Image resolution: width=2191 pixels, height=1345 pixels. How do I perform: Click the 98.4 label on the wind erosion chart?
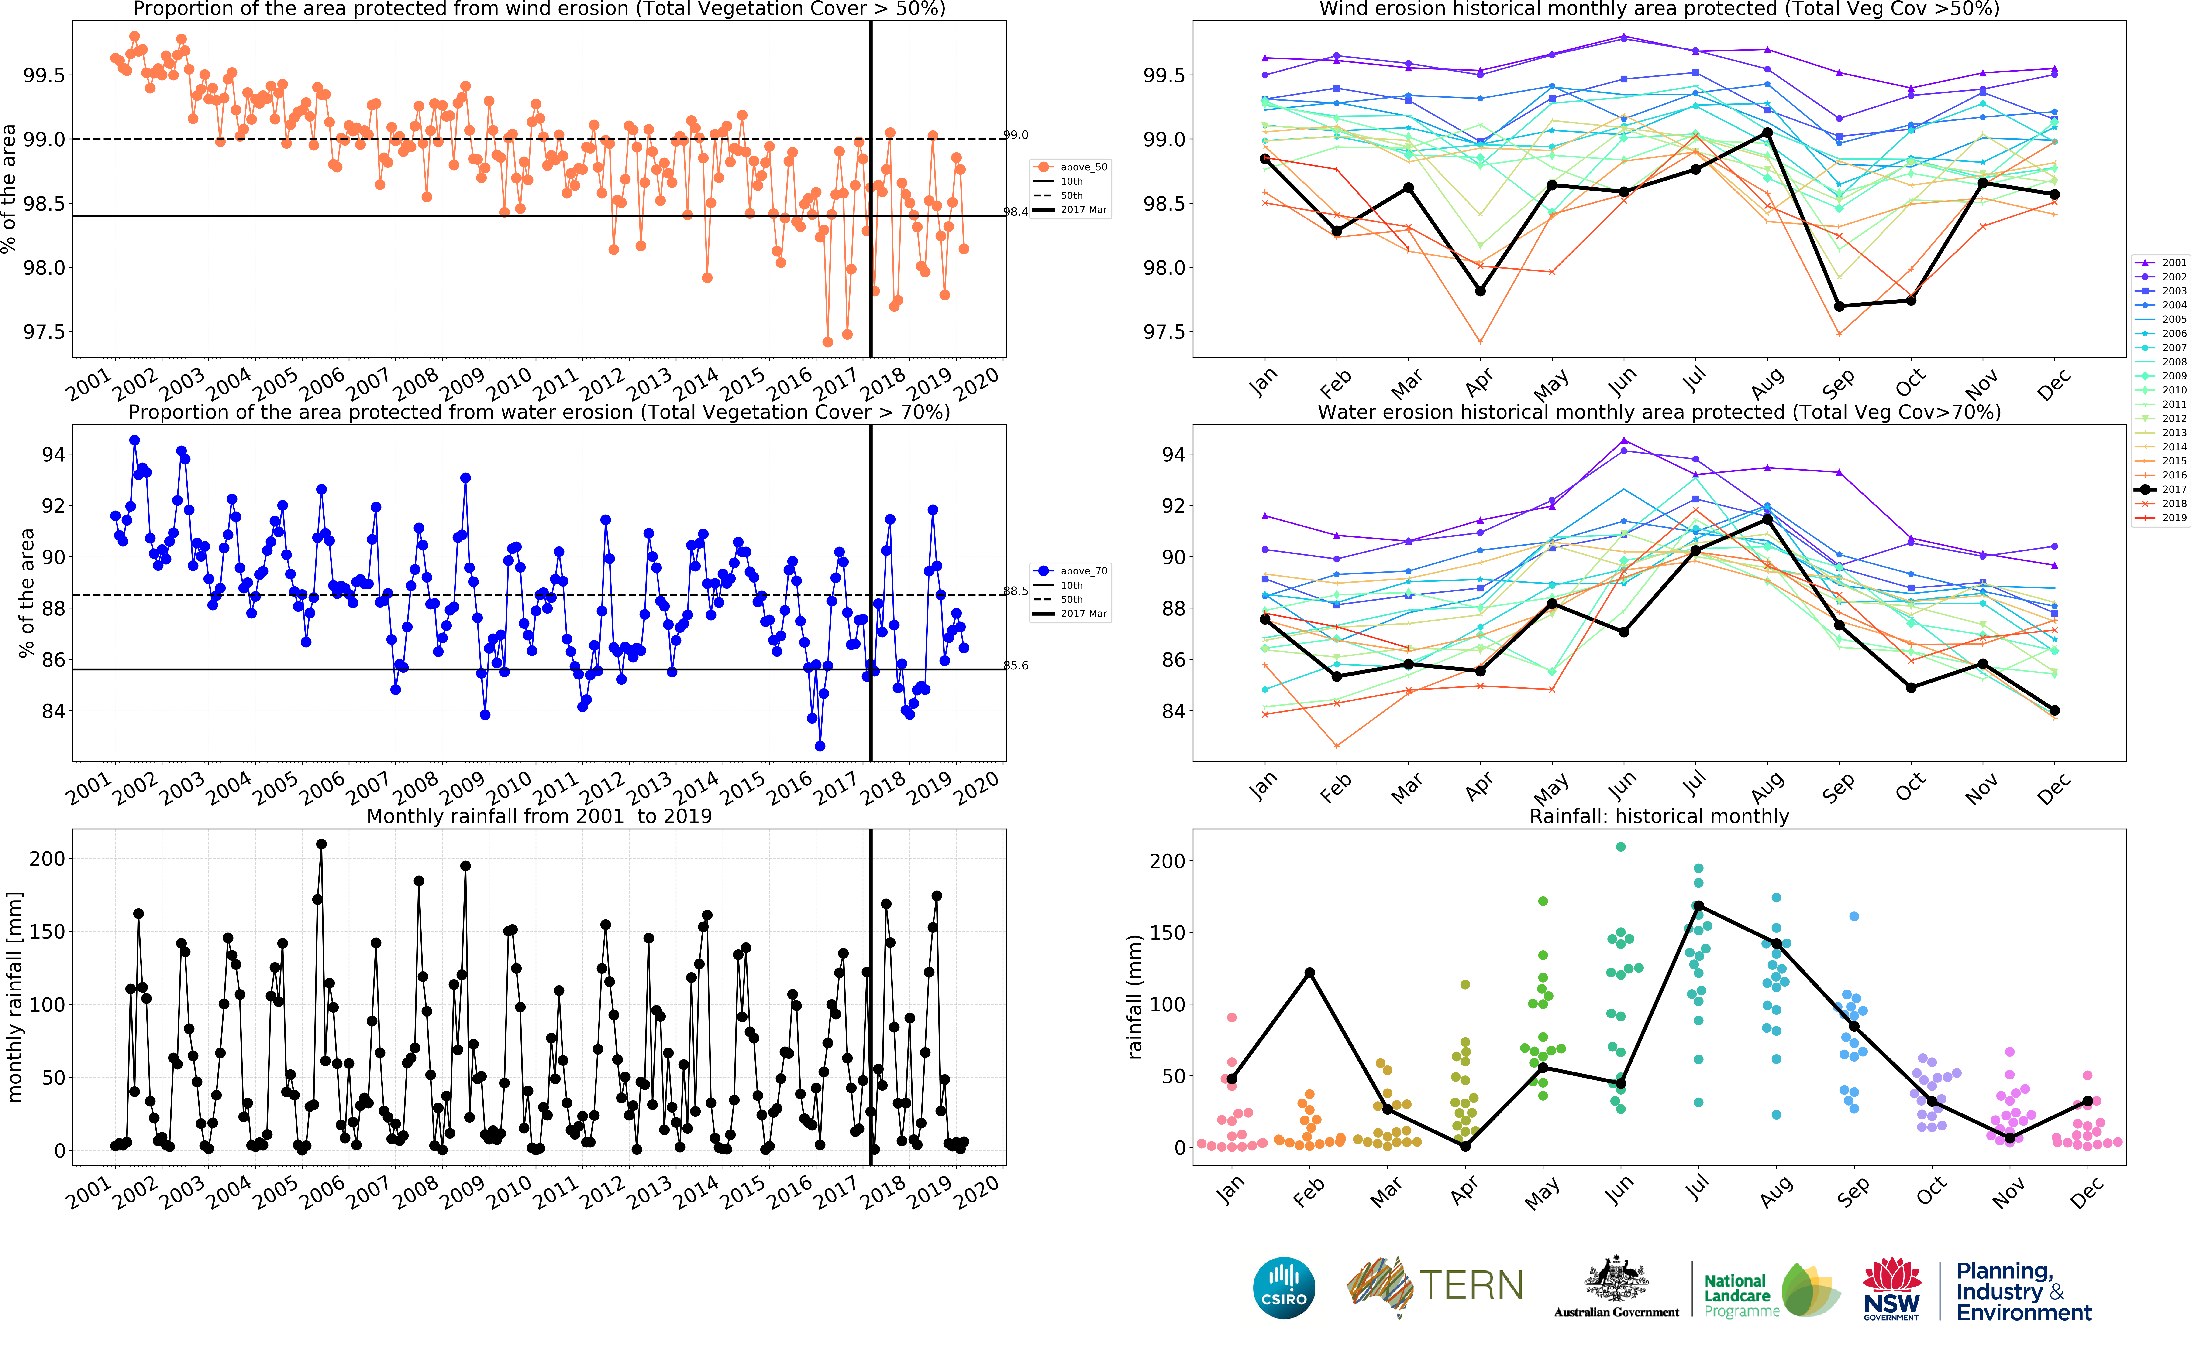point(1016,212)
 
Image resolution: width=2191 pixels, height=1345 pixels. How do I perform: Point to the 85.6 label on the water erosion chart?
point(1016,665)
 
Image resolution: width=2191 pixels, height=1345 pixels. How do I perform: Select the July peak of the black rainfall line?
point(1698,906)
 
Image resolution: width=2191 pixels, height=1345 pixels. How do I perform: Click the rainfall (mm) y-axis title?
point(1135,996)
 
